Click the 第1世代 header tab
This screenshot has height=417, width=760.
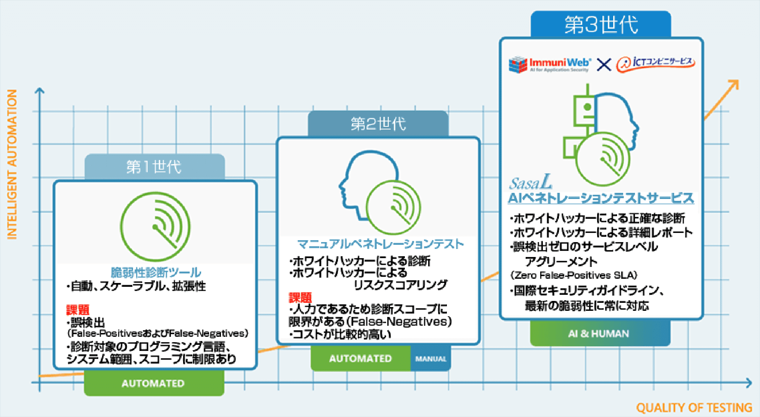(154, 167)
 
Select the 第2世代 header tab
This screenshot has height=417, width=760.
(378, 124)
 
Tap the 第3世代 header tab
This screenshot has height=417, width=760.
(601, 25)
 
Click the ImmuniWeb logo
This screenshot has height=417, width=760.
(550, 64)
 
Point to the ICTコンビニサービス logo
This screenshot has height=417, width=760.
(655, 63)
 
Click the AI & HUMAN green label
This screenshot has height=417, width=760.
(599, 334)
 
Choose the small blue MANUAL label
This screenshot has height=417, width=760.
(431, 359)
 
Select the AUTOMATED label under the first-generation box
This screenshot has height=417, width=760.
(153, 383)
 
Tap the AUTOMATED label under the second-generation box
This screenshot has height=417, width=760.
(361, 359)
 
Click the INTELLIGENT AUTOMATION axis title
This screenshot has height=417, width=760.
(12, 164)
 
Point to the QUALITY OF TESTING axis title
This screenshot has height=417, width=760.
(694, 408)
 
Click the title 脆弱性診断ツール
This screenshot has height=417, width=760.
(156, 272)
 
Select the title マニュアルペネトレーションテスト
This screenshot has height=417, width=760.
(380, 244)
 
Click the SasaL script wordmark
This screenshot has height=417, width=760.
(531, 183)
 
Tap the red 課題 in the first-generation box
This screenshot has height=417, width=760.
(78, 310)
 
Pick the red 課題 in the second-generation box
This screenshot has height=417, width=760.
(300, 297)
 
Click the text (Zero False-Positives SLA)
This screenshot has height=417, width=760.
(574, 275)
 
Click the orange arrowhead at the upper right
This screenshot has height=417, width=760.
(733, 85)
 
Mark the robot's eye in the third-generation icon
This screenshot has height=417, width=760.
(588, 107)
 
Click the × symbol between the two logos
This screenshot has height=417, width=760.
(604, 64)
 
